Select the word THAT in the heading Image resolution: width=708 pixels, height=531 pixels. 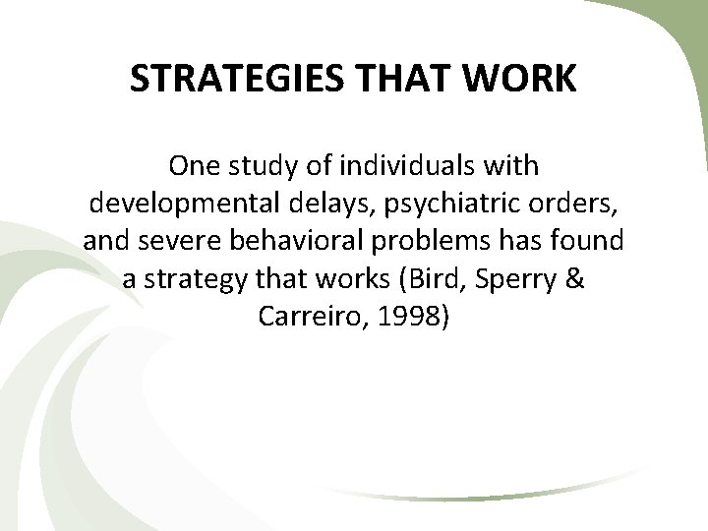coord(394,81)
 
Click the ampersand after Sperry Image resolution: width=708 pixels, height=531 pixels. coord(576,279)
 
